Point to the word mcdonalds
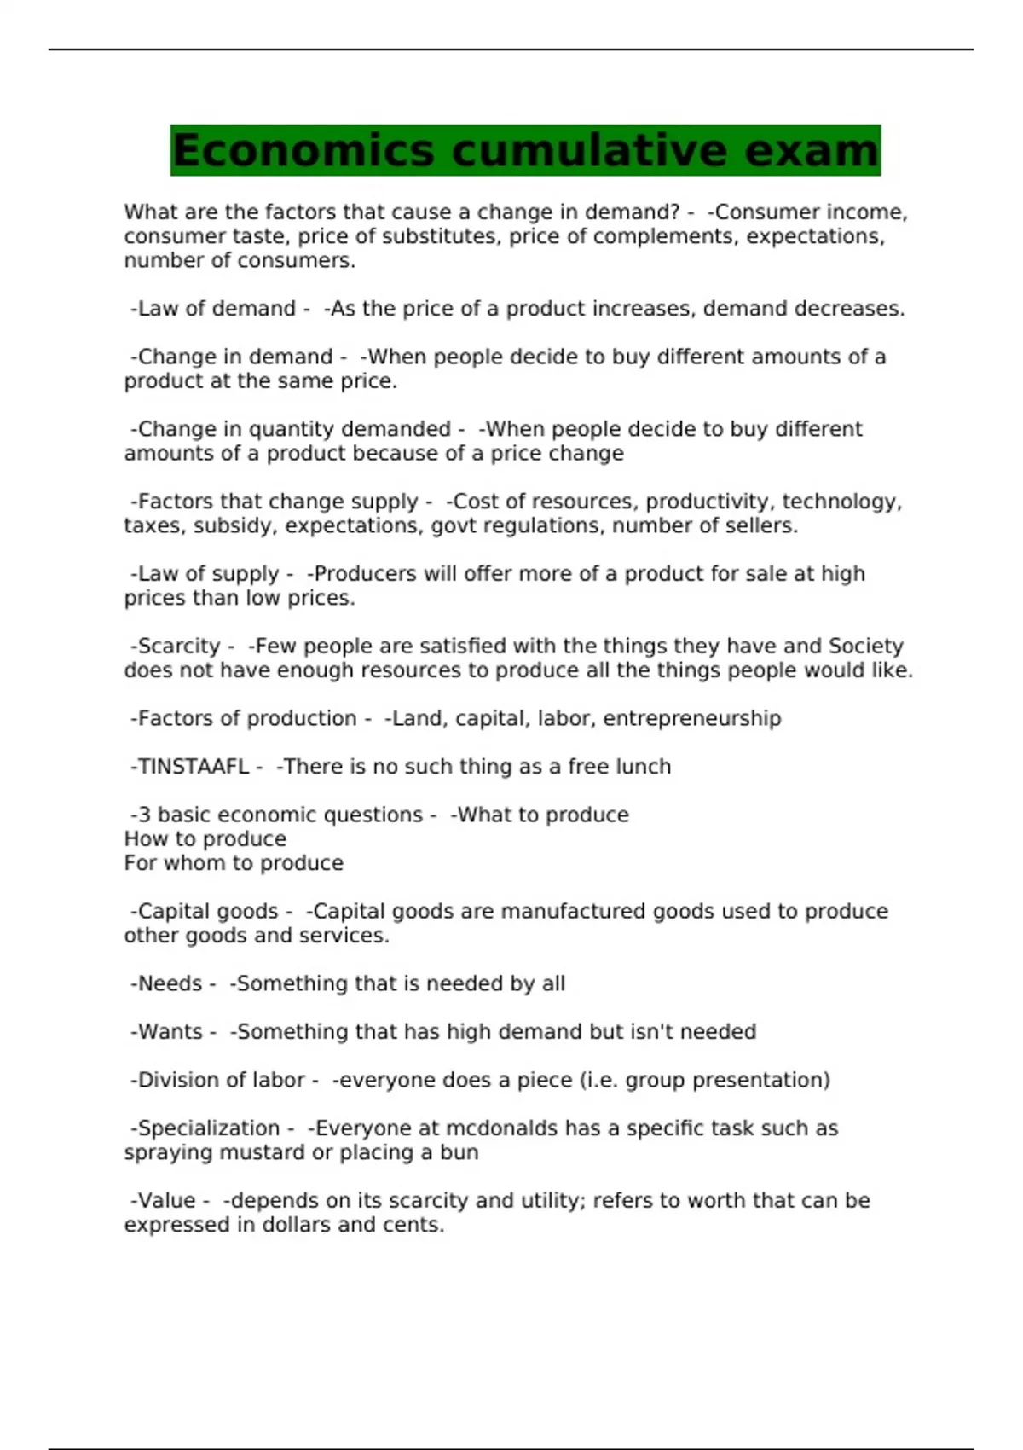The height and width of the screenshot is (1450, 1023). click(x=502, y=1128)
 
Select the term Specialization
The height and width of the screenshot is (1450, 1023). click(x=209, y=1128)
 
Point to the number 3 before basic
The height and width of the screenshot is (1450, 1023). click(x=144, y=815)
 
